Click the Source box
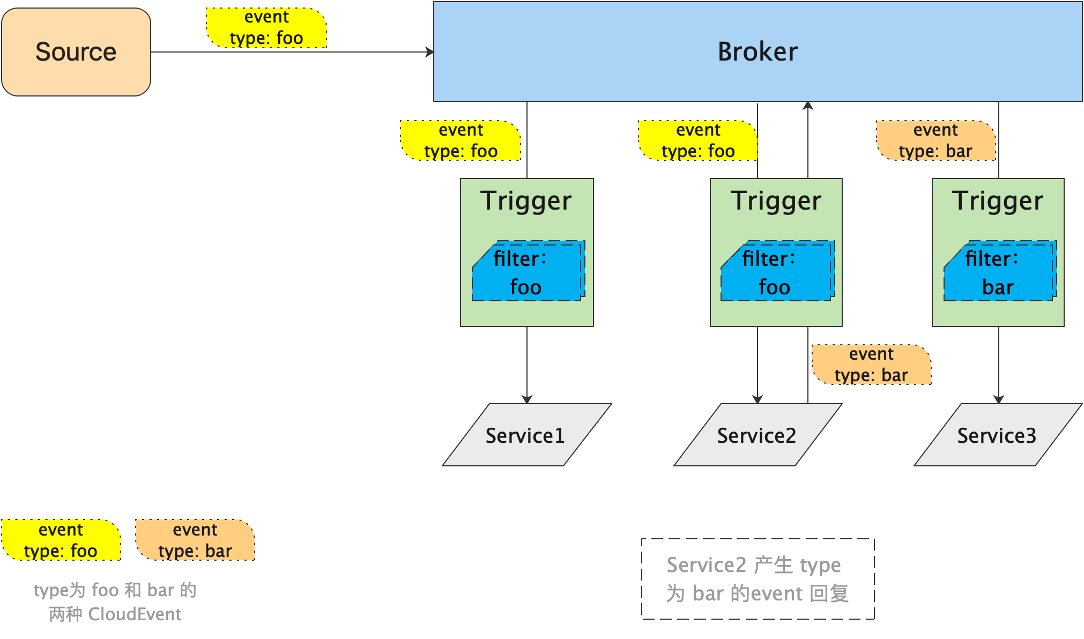click(76, 52)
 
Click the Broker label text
click(757, 52)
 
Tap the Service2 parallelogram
click(757, 435)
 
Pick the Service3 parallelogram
click(997, 435)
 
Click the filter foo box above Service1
click(528, 272)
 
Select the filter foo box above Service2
click(777, 272)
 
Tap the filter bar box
click(999, 272)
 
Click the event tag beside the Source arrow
click(266, 28)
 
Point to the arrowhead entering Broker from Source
click(429, 52)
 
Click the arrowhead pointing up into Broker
click(808, 106)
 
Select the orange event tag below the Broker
click(935, 140)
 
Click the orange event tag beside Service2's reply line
click(871, 365)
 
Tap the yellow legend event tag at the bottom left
click(61, 540)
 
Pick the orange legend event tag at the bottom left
click(195, 540)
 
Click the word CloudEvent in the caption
click(135, 614)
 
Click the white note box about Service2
click(758, 579)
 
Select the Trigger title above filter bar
click(998, 201)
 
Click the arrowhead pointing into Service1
click(527, 399)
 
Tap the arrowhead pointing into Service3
click(998, 399)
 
